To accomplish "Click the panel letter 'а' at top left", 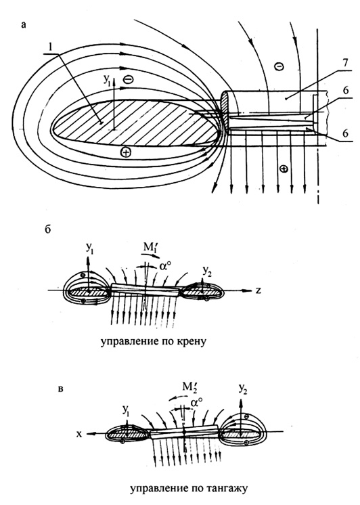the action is (x=23, y=25).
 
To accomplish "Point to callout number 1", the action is (x=49, y=47).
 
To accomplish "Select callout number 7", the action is (x=345, y=63).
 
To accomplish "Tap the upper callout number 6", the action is (x=345, y=91).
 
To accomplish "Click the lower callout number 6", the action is (x=345, y=133).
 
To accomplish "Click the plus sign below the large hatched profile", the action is (x=126, y=152).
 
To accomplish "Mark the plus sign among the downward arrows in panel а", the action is (x=284, y=169).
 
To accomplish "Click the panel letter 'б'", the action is (x=48, y=229).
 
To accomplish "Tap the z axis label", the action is (x=258, y=290).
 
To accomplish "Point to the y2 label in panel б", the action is (x=206, y=271).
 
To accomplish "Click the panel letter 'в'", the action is (x=60, y=389).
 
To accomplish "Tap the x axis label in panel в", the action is (x=79, y=434).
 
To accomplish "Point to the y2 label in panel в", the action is (x=244, y=389).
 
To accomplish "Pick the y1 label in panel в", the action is (x=127, y=410).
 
